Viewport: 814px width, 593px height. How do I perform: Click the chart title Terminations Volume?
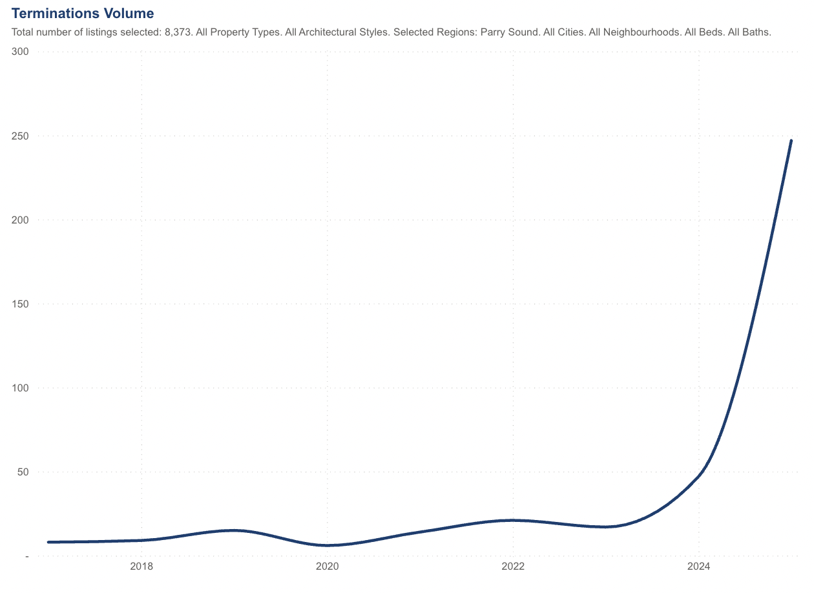83,13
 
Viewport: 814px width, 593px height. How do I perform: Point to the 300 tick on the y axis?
20,52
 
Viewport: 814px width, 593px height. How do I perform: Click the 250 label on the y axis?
20,136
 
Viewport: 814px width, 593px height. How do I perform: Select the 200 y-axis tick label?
20,220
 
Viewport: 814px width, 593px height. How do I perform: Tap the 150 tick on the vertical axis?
20,304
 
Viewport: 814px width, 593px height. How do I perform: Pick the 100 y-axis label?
20,388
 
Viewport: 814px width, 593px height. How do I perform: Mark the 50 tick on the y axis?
23,472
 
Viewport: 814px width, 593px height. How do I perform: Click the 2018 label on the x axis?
141,567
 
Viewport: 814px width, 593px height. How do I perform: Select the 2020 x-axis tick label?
327,567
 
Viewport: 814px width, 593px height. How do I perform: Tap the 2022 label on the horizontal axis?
513,567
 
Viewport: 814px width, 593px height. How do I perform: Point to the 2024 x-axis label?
698,567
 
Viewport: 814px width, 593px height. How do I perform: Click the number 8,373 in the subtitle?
174,32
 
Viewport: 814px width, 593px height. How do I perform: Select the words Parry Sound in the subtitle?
510,32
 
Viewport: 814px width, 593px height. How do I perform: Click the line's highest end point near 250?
791,140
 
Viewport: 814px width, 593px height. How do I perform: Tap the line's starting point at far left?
48,542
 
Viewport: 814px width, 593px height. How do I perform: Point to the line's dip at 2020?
327,545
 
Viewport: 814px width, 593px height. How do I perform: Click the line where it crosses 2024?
698,475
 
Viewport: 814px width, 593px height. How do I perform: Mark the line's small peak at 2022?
513,520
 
